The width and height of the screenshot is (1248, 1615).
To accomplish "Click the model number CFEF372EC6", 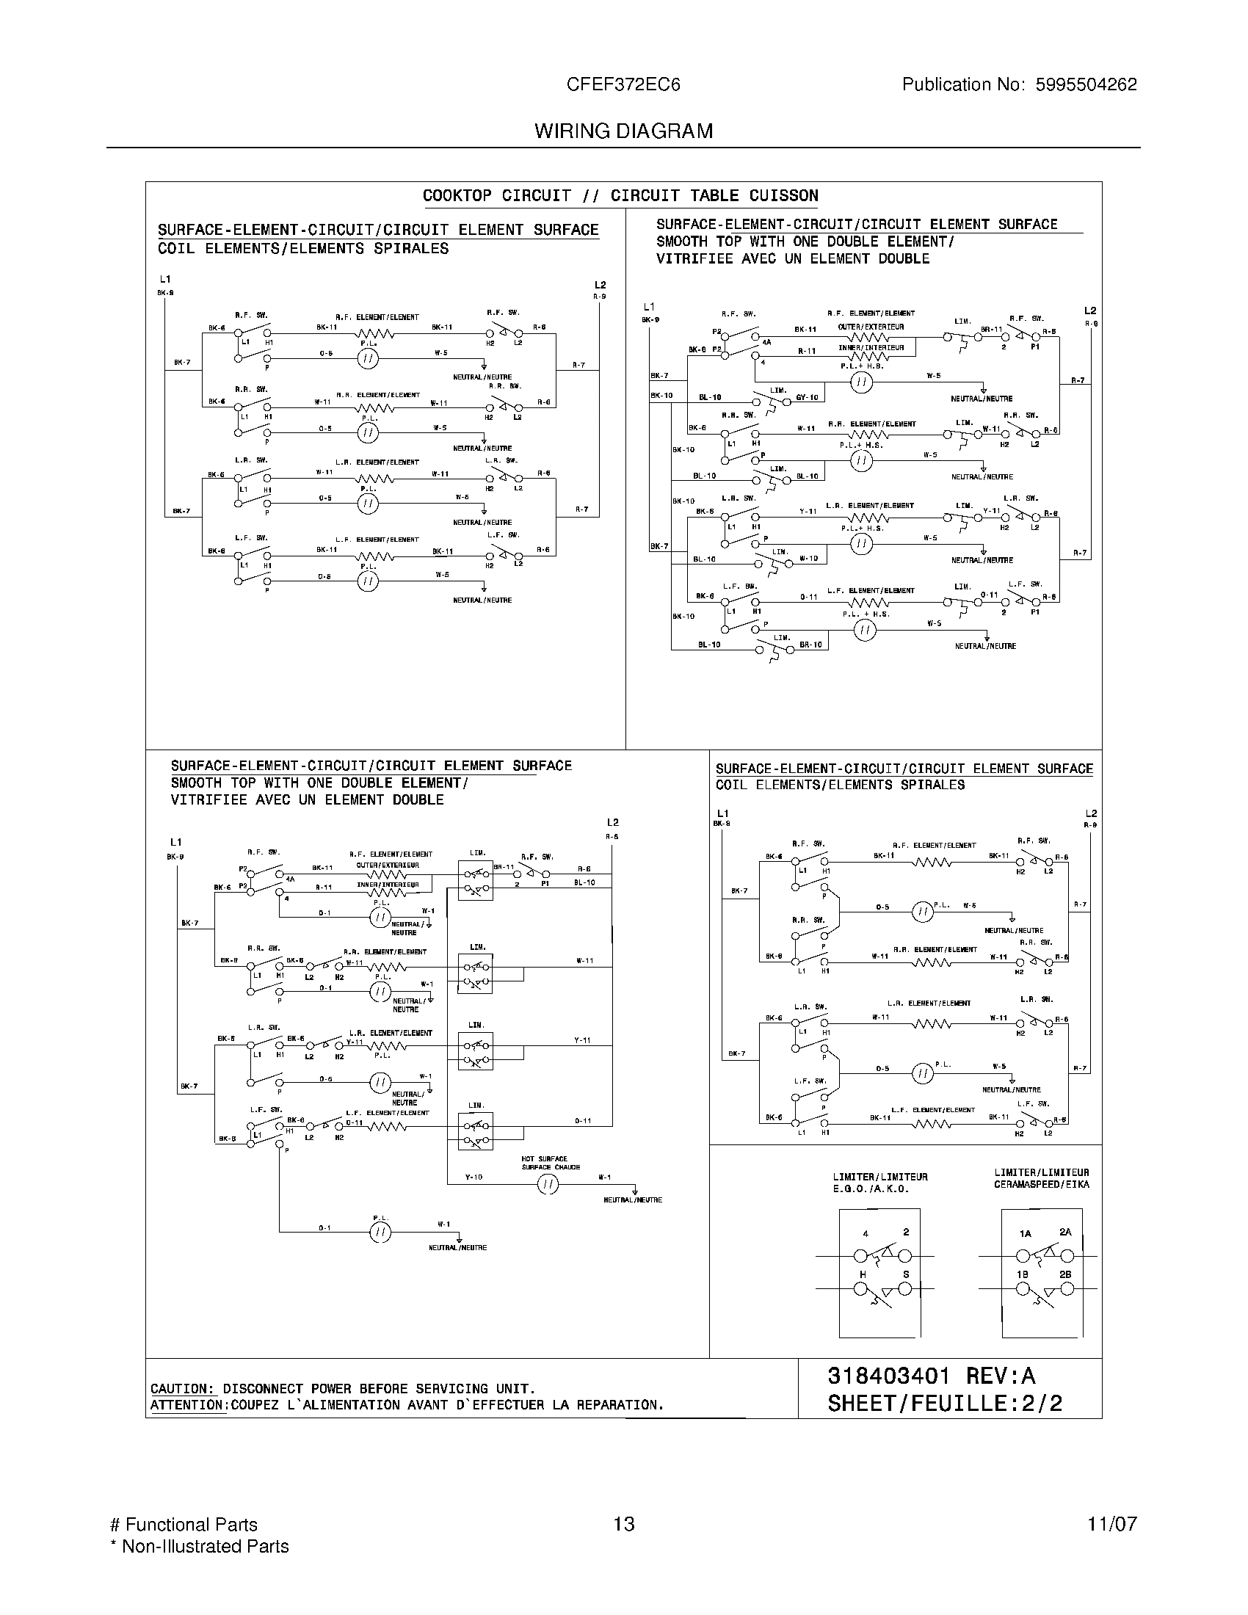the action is point(623,84).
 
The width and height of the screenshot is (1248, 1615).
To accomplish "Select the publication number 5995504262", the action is point(1085,84).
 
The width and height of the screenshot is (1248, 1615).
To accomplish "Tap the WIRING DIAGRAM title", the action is point(623,131).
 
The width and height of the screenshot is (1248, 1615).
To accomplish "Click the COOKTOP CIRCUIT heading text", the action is point(497,196).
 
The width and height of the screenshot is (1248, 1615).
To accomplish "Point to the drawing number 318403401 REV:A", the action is point(931,1376).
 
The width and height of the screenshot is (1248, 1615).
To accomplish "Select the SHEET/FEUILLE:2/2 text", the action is point(944,1403).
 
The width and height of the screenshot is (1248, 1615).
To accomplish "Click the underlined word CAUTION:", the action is point(183,1389).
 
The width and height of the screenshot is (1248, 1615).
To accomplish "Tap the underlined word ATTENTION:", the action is point(188,1405).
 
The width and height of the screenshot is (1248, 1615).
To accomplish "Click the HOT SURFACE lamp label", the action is point(544,1158).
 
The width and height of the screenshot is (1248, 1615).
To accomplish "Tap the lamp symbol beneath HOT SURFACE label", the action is point(548,1185).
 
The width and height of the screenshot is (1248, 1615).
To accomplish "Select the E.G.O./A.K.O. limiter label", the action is point(870,1189).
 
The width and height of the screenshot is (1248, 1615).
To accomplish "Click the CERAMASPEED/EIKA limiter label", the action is point(1041,1184).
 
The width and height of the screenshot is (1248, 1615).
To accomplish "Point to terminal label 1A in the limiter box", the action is point(1025,1233).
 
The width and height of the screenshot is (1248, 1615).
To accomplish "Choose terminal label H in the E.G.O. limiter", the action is point(862,1274).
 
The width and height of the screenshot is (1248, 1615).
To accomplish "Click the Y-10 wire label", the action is point(474,1177).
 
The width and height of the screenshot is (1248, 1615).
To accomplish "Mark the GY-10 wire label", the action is point(807,398).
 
